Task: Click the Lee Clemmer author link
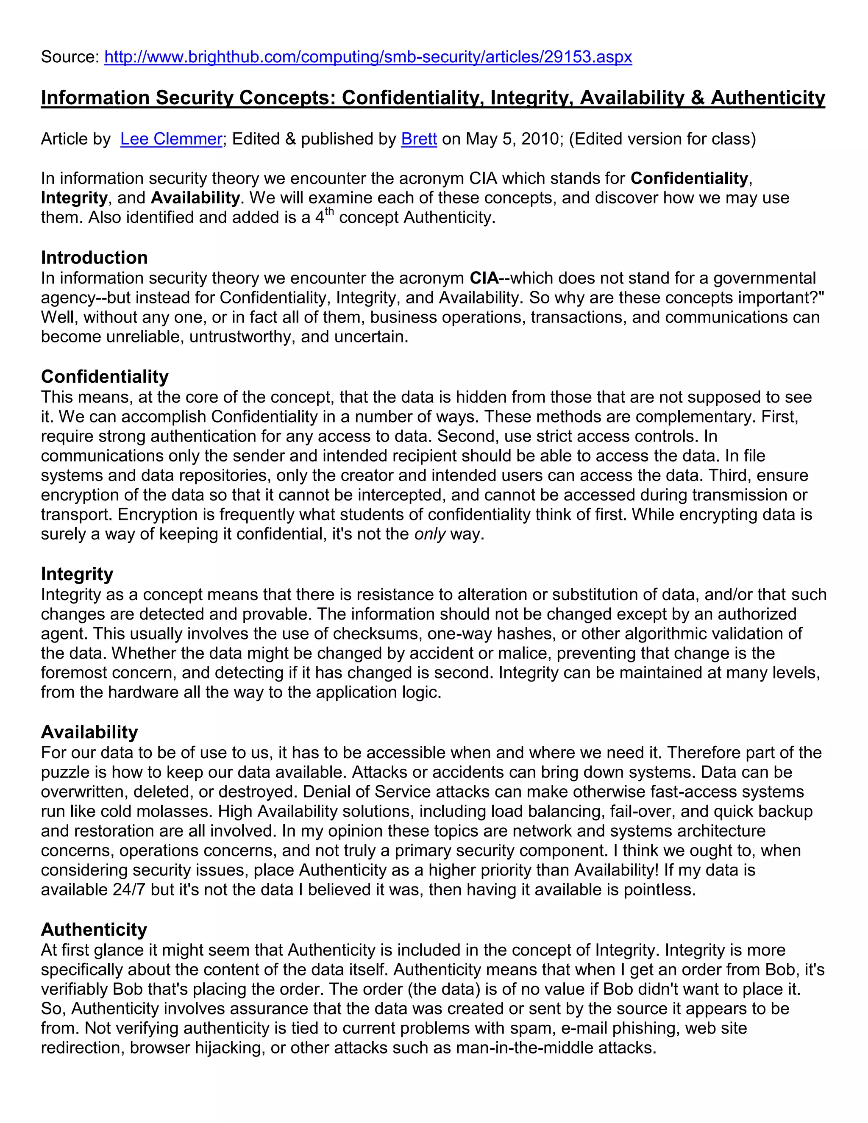[171, 139]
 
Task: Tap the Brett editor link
[419, 139]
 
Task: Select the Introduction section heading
[94, 258]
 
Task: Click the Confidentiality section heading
[104, 377]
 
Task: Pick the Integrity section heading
[77, 574]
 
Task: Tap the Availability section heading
[89, 732]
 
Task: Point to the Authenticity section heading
[94, 930]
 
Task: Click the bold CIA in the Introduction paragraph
[484, 278]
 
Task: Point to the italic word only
[430, 534]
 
